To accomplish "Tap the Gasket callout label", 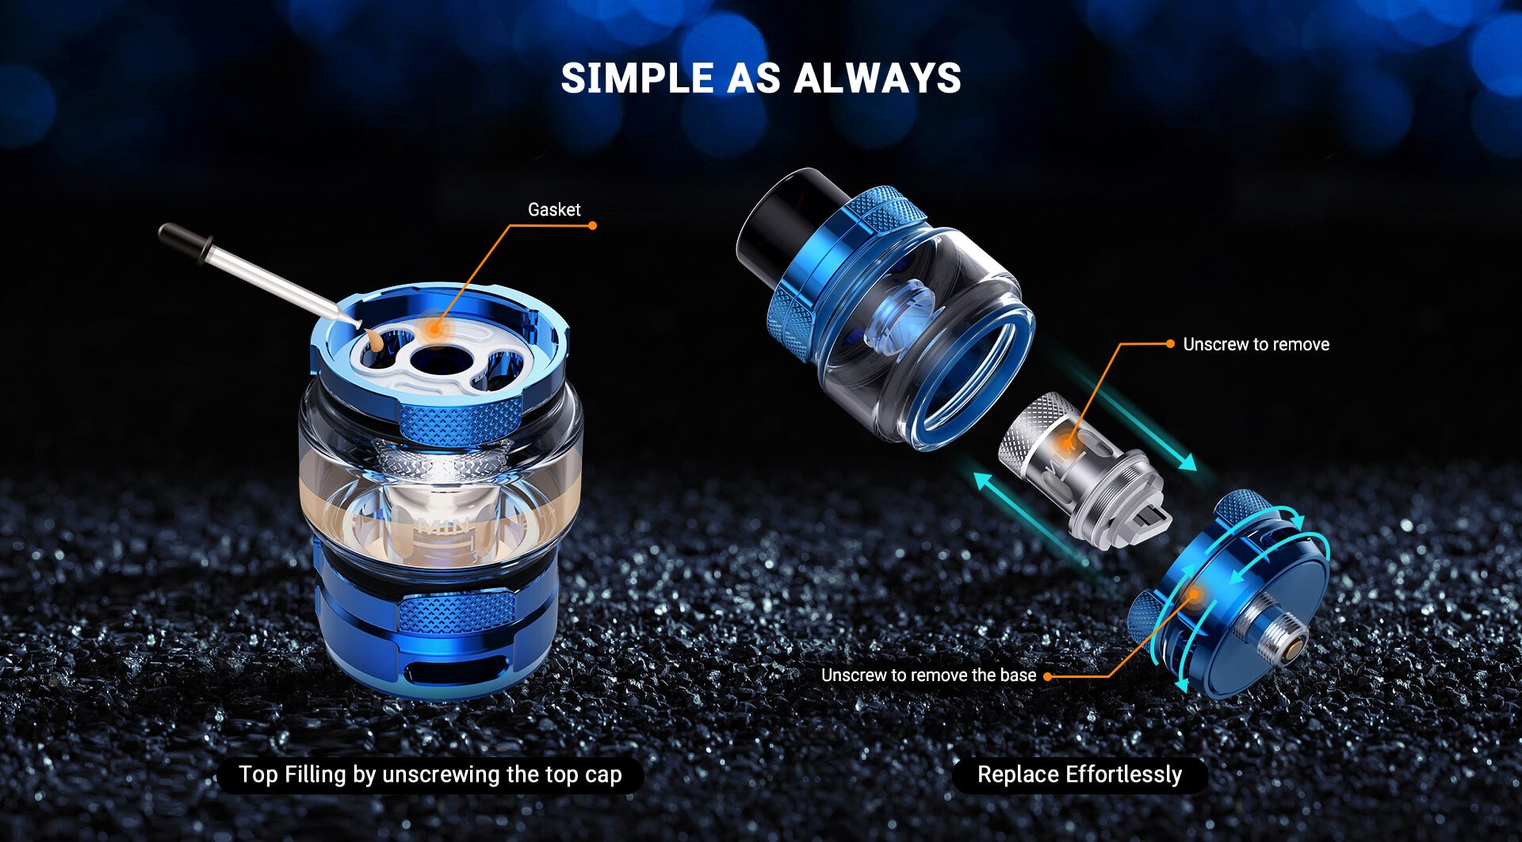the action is pos(554,209).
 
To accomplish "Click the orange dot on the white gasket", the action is pos(434,327).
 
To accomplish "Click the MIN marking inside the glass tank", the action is pos(444,525).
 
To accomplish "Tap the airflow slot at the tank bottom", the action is pos(448,672).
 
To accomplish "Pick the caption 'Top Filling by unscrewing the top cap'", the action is pos(430,775).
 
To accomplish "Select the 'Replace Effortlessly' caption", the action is pos(1080,775).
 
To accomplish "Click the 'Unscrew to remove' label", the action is pos(1256,344).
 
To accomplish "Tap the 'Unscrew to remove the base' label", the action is pos(928,676).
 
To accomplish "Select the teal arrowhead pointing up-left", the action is pos(984,481).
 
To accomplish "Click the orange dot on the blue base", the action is pos(1193,594).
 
